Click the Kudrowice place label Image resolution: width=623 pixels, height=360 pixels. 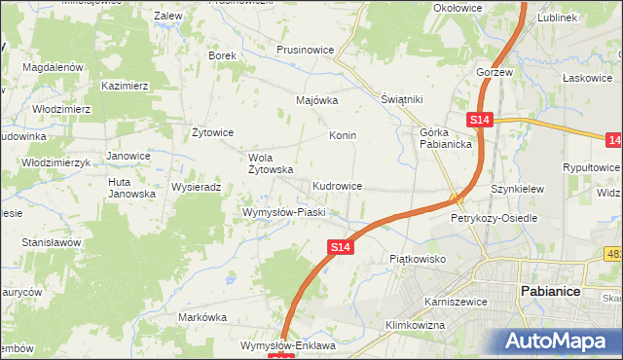pyautogui.click(x=338, y=185)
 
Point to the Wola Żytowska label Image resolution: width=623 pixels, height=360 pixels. pyautogui.click(x=272, y=162)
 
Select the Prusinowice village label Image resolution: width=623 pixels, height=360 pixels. pyautogui.click(x=306, y=50)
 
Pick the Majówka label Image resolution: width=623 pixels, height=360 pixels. pyautogui.click(x=316, y=100)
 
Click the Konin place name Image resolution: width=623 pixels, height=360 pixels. pyautogui.click(x=343, y=135)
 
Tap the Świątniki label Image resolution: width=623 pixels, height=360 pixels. pyautogui.click(x=400, y=99)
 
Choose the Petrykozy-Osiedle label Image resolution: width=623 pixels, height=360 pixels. pyautogui.click(x=494, y=219)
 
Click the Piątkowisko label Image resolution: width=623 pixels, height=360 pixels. pyautogui.click(x=417, y=259)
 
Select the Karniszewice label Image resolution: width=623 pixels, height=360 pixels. pyautogui.click(x=456, y=302)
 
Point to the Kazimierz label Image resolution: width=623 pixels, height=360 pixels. pyautogui.click(x=124, y=86)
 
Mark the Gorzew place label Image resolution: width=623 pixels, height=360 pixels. pyautogui.click(x=495, y=73)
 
